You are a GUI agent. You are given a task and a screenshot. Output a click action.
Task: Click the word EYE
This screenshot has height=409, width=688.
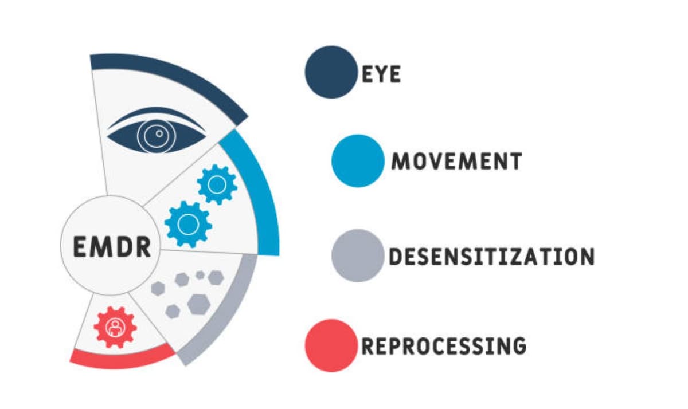381,74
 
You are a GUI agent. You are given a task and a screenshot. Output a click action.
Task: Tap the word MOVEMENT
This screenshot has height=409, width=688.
456,161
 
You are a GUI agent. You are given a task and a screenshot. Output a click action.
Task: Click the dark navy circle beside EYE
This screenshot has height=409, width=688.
331,72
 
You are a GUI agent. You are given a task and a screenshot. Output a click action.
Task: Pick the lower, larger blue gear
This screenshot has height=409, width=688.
187,223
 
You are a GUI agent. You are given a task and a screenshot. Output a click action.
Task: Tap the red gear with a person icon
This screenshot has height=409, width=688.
115,327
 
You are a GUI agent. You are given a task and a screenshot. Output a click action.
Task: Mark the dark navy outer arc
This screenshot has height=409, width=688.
172,77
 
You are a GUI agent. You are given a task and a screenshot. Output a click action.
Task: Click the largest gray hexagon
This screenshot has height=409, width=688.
198,304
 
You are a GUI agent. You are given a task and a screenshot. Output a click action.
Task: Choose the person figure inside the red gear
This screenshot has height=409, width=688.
115,327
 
